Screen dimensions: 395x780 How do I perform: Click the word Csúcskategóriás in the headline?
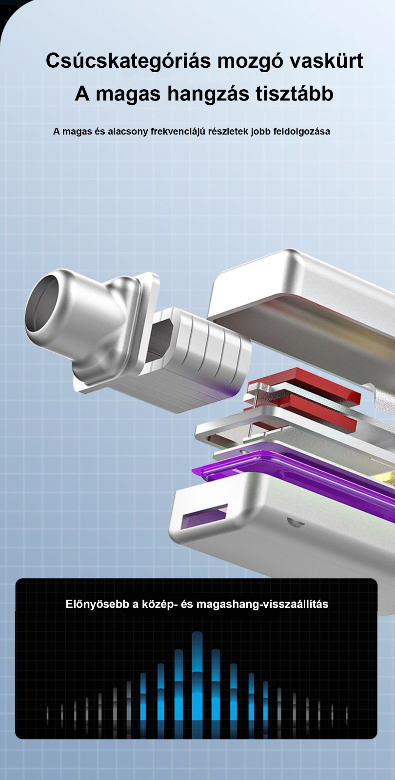(128, 61)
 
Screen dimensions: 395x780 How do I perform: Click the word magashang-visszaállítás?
(262, 604)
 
